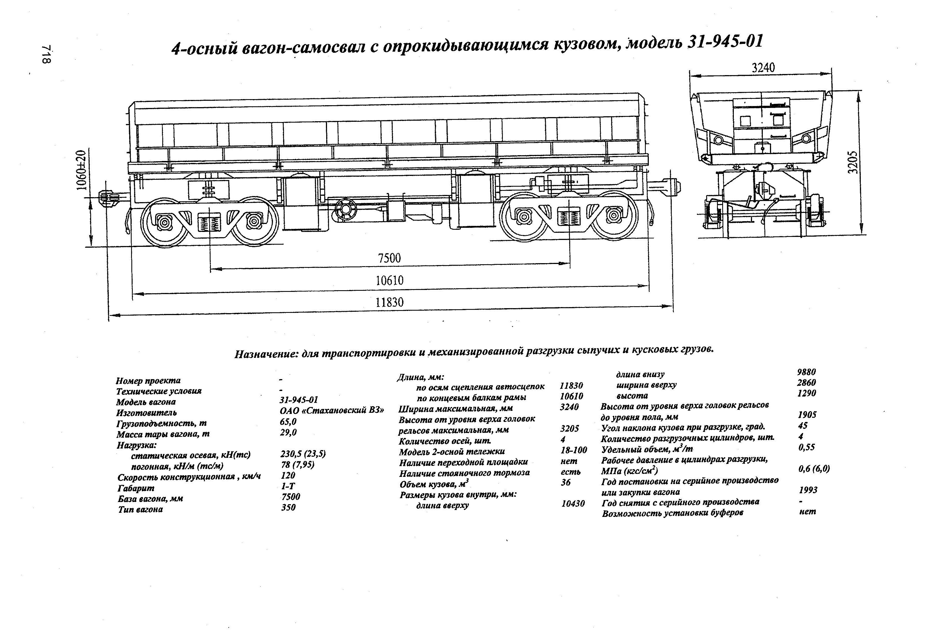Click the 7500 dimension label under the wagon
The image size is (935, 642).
(x=389, y=258)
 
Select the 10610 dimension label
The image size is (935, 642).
(x=389, y=280)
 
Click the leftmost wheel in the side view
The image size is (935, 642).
(x=164, y=222)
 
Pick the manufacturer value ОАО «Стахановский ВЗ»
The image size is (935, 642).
(x=331, y=411)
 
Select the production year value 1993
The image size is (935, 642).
(x=808, y=490)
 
